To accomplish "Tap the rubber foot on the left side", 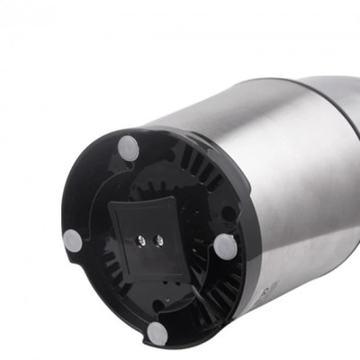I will (x=73, y=240).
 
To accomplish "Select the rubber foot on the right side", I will (x=224, y=245).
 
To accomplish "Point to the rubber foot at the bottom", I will (x=157, y=333).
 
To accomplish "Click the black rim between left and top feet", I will (x=85, y=184).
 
